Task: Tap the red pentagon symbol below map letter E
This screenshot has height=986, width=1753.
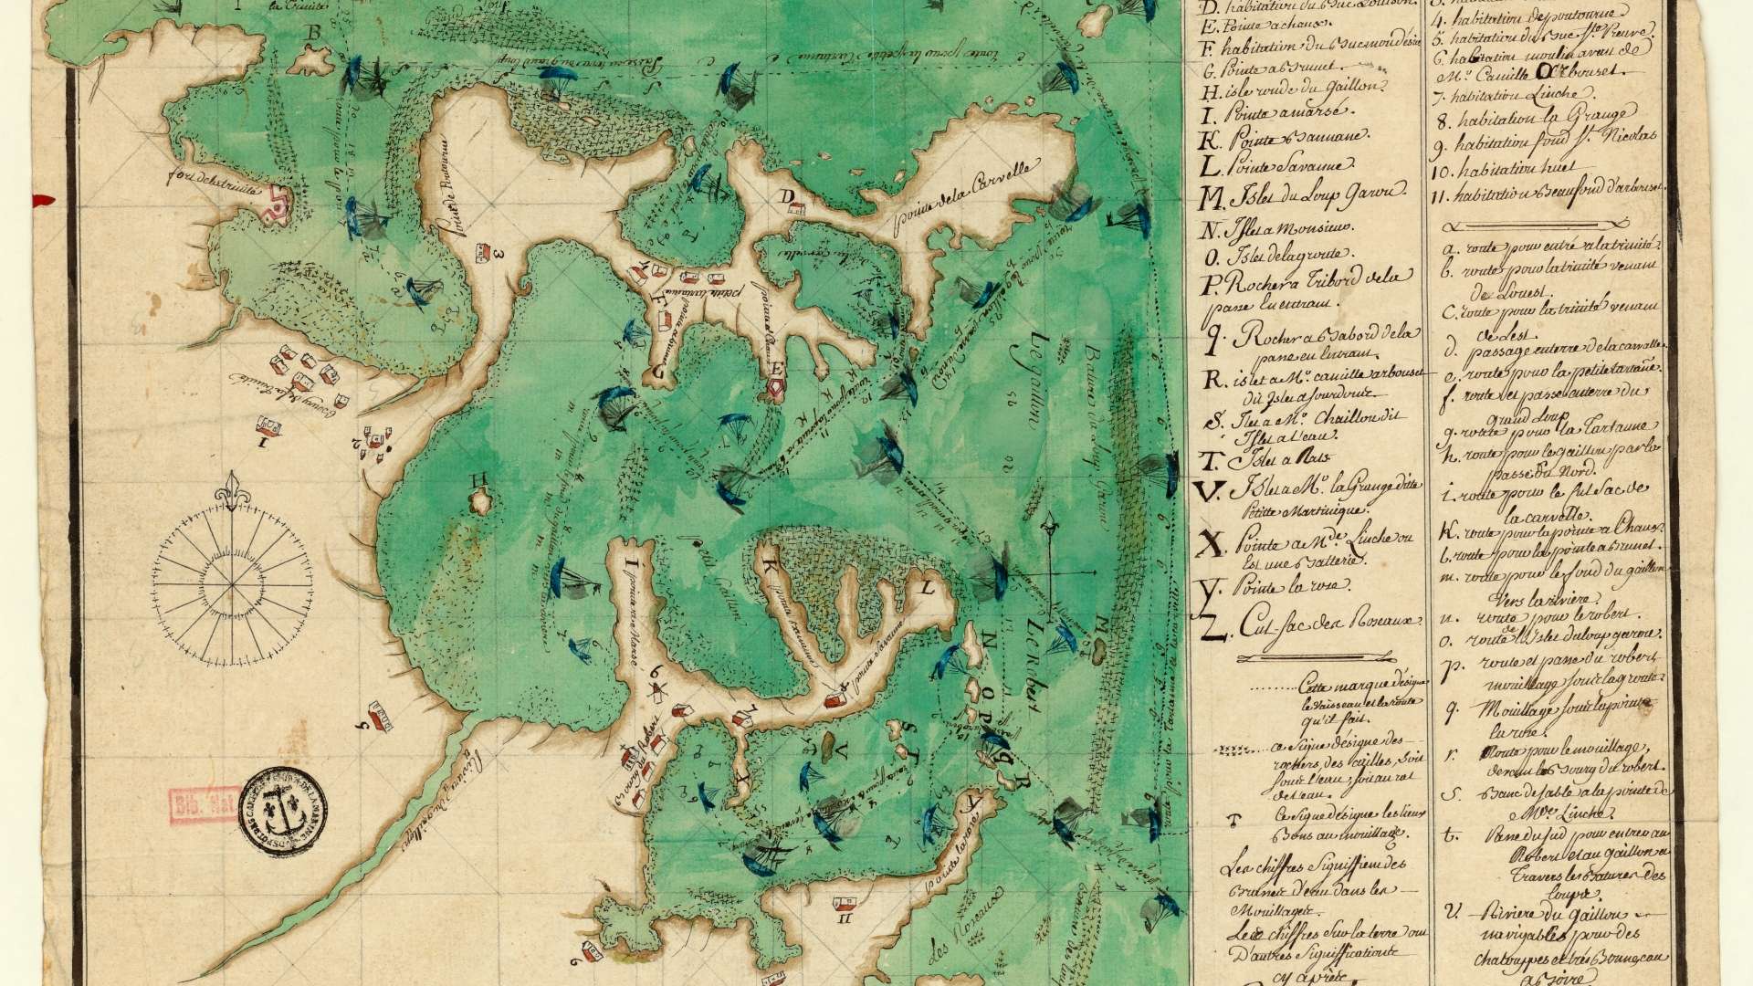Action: (776, 388)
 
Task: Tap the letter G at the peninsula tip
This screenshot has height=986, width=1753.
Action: (656, 370)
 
